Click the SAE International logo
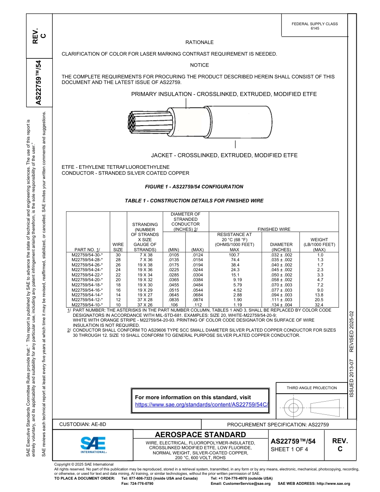coord(93,444)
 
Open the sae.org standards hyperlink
coord(201,404)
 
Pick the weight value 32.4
coord(320,305)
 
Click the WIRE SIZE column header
coord(118,246)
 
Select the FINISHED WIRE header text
coord(274,229)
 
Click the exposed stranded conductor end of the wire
coord(133,122)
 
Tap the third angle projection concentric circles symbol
coord(294,408)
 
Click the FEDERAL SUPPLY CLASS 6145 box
coord(314,26)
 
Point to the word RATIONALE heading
coord(199,42)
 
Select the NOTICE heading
coord(199,65)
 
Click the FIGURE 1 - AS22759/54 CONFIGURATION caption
coord(194,187)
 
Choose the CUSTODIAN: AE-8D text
coord(83,424)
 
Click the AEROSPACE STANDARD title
coord(200,434)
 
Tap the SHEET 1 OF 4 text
coord(290,449)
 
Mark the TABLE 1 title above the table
coord(194,201)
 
